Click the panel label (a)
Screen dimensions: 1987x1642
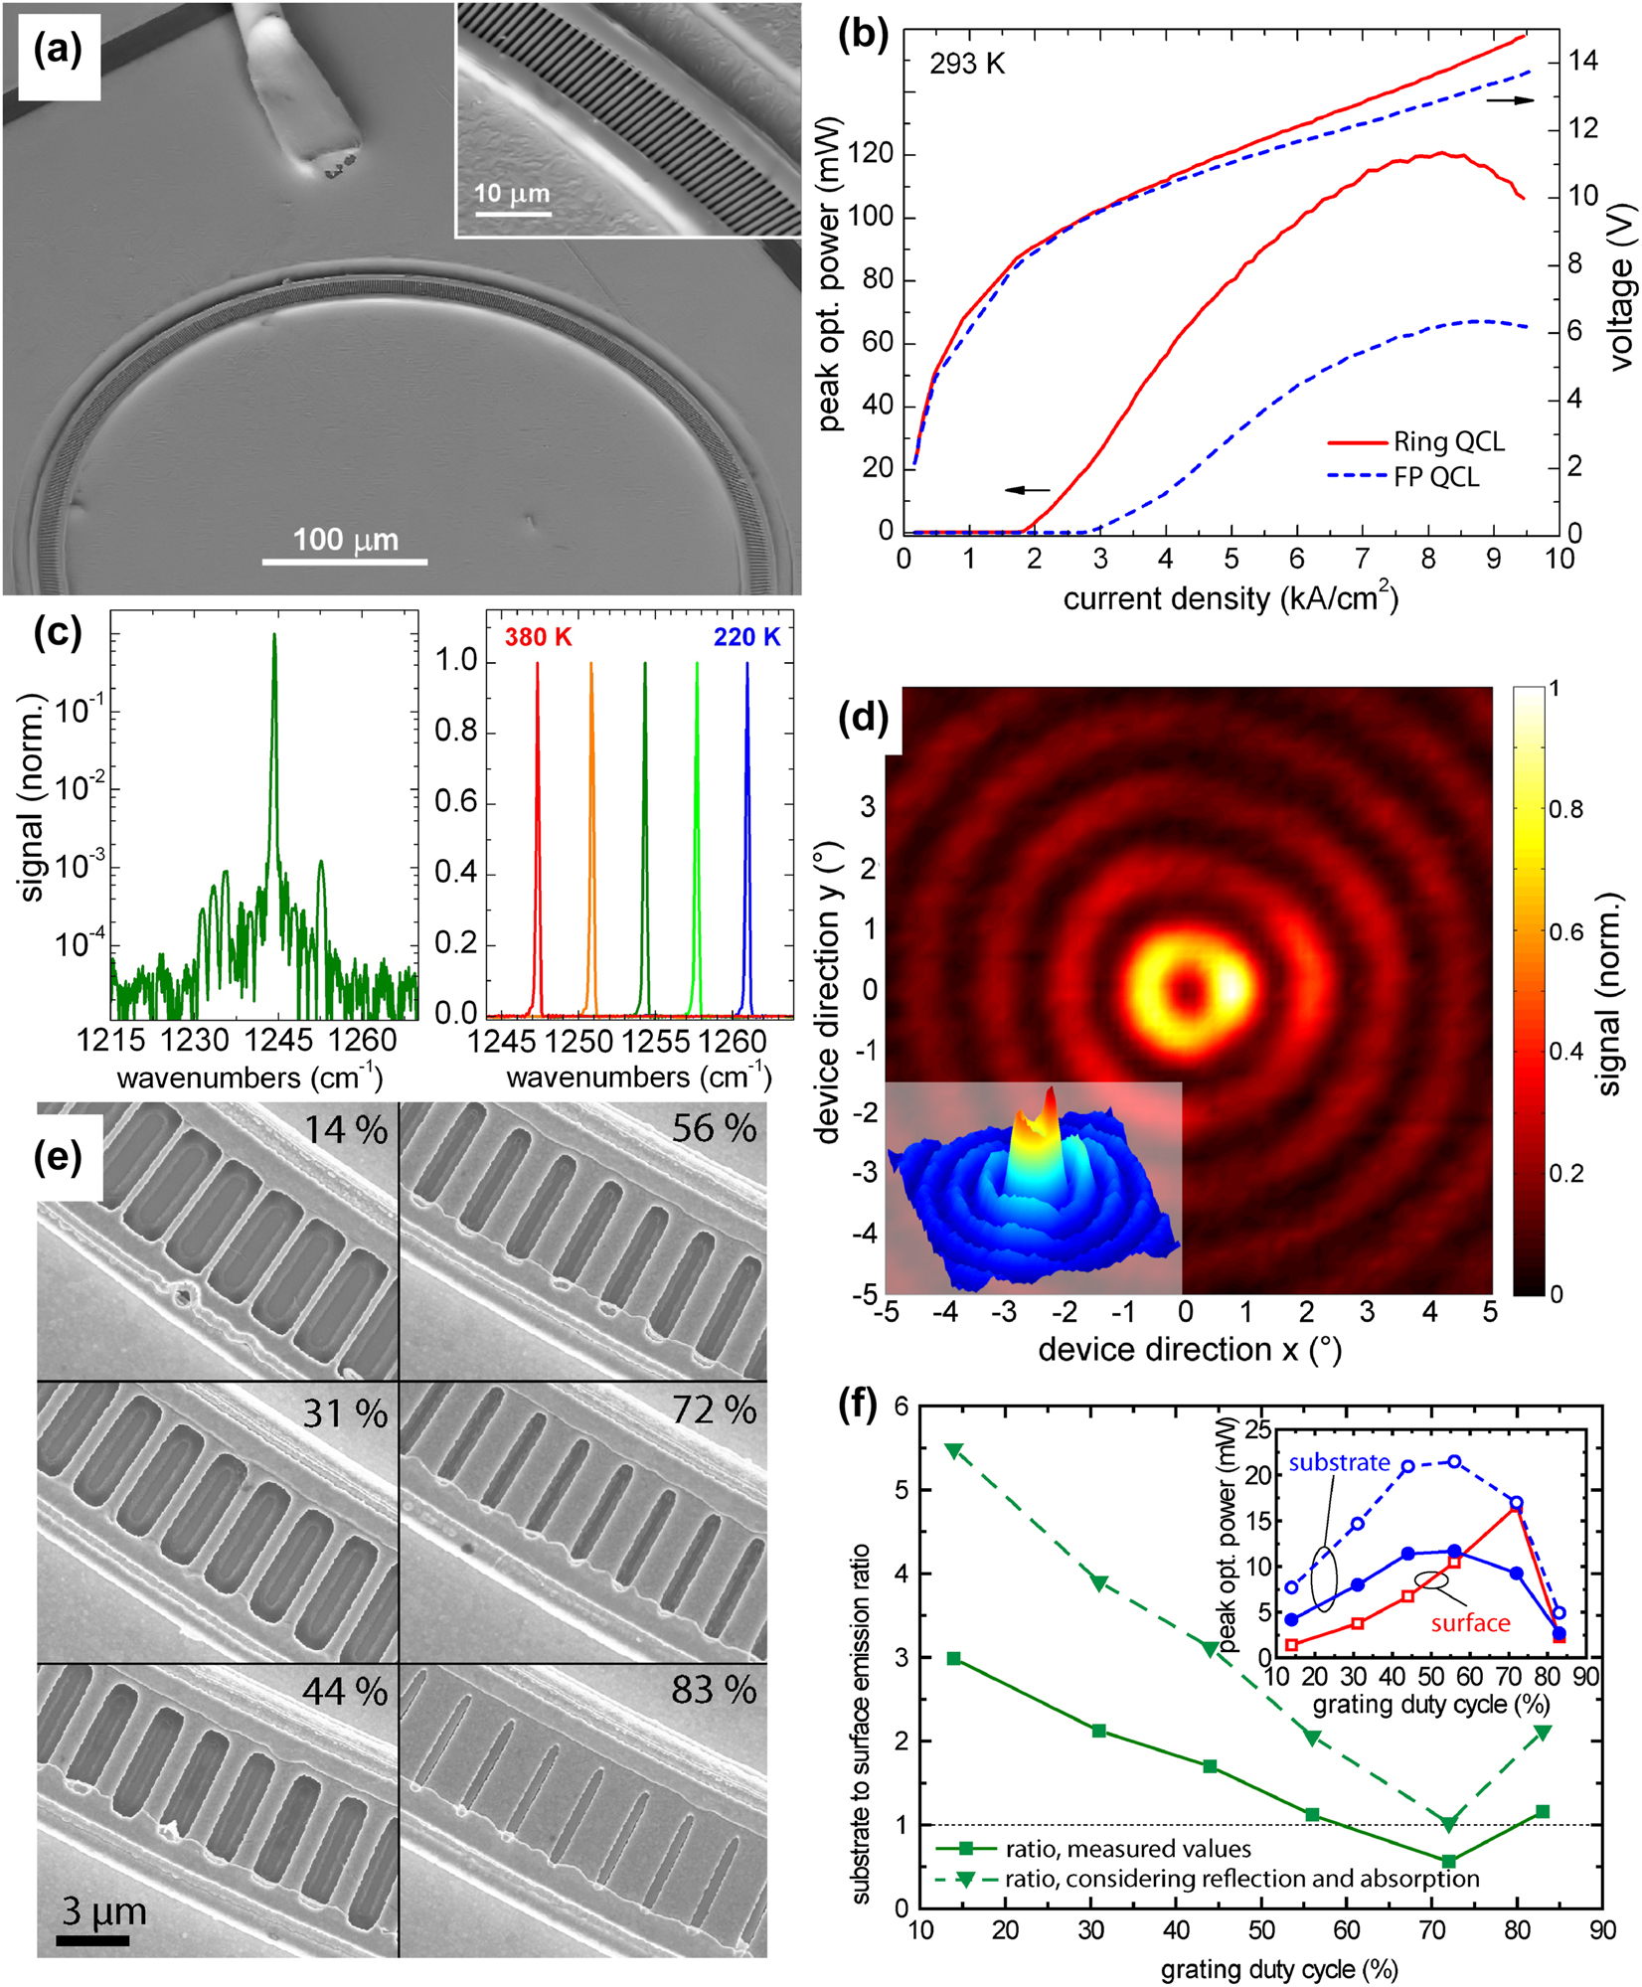(58, 50)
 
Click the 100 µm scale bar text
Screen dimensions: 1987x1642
(345, 540)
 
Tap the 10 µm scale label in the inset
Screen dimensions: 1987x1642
(512, 193)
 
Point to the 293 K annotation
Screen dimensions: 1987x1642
(967, 65)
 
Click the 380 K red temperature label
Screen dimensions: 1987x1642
(538, 637)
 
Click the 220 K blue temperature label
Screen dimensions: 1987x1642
(746, 637)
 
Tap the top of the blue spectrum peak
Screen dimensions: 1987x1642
(747, 665)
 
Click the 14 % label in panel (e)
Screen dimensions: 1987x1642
(345, 1130)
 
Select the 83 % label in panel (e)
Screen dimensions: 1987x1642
(714, 1691)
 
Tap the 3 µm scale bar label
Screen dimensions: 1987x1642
(103, 1911)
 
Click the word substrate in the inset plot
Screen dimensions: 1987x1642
(1339, 1462)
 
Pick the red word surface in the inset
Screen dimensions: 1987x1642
(1470, 1624)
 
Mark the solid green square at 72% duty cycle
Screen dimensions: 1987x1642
(1449, 1861)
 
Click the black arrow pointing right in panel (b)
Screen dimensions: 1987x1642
(1510, 99)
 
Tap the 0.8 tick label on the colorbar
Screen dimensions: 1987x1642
(1566, 810)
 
